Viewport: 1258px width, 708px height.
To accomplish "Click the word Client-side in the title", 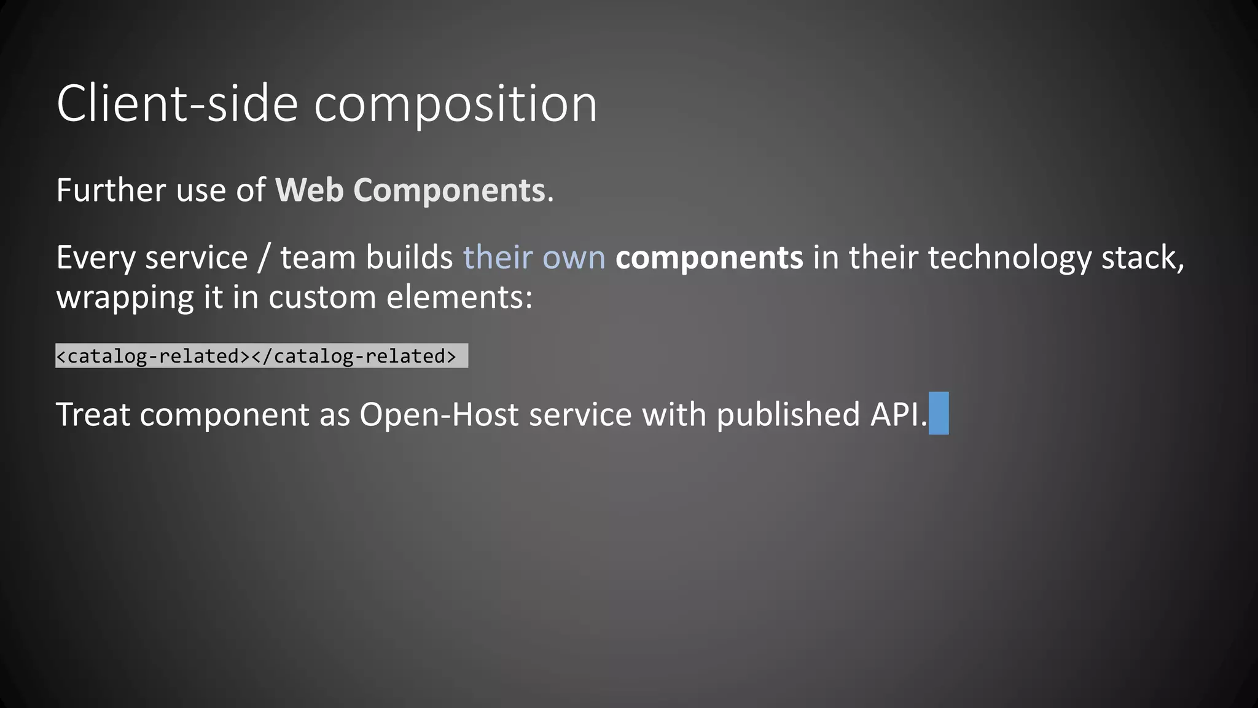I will [178, 104].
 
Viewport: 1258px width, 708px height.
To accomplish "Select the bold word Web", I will [309, 190].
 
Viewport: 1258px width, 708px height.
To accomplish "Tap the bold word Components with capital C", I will [449, 191].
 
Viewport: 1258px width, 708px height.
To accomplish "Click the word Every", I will [95, 258].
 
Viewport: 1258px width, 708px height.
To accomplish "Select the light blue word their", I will [498, 257].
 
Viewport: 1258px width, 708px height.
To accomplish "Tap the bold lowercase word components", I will [709, 258].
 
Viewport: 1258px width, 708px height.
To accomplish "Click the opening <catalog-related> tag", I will [153, 356].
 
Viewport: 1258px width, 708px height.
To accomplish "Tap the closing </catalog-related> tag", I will [354, 356].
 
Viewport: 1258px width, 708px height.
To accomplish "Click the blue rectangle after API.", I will [939, 413].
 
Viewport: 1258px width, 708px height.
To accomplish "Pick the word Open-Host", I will [439, 414].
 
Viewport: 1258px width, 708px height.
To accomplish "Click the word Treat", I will [93, 414].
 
